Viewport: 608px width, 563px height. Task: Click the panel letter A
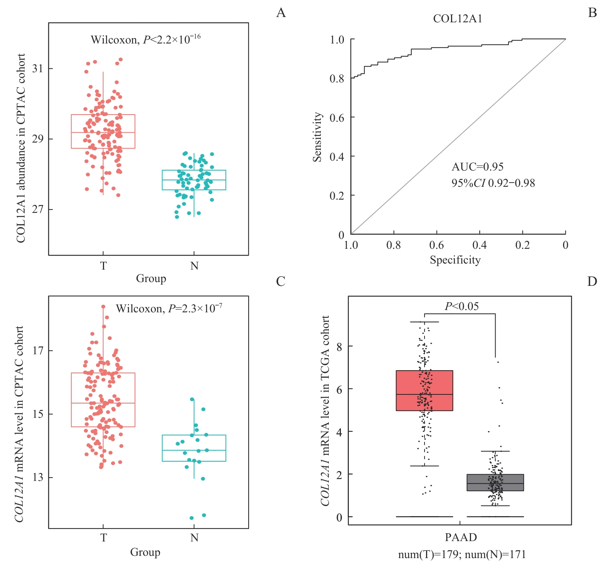(x=281, y=13)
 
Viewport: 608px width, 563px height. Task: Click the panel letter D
(x=592, y=282)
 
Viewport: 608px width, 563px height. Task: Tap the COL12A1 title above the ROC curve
(x=457, y=19)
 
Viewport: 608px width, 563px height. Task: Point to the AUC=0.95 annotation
(x=477, y=167)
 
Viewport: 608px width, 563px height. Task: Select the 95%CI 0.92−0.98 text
(x=493, y=183)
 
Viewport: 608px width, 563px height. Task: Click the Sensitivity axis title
(x=317, y=137)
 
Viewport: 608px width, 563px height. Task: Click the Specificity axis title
(x=455, y=260)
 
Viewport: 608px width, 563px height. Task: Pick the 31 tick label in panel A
(x=37, y=68)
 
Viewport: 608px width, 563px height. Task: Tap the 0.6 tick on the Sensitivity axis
(x=337, y=118)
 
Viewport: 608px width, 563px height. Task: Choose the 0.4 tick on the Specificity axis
(x=479, y=245)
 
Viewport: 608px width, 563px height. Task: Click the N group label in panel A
(x=194, y=266)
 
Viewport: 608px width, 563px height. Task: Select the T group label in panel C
(x=103, y=538)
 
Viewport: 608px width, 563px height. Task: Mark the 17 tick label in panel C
(x=37, y=351)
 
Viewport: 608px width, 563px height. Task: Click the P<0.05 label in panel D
(x=461, y=306)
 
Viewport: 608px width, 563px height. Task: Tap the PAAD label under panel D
(x=460, y=537)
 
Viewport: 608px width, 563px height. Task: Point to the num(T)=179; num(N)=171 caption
(x=462, y=555)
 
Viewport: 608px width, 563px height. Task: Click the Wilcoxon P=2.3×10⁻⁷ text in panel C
(x=169, y=309)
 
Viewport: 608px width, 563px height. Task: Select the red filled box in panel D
(x=424, y=391)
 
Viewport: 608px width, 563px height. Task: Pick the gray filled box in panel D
(x=495, y=482)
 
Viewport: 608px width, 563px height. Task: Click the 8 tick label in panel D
(x=339, y=346)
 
